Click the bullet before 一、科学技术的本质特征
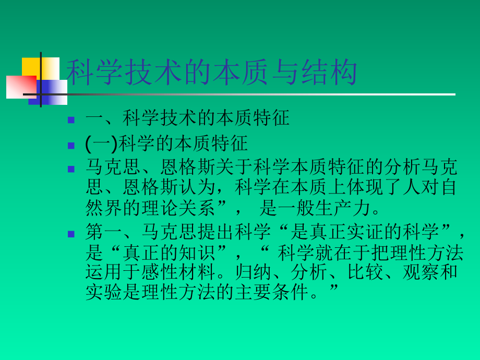click(x=71, y=119)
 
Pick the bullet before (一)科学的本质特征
click(x=71, y=145)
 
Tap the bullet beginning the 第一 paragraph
click(x=71, y=233)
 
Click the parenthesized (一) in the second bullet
click(x=102, y=143)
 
